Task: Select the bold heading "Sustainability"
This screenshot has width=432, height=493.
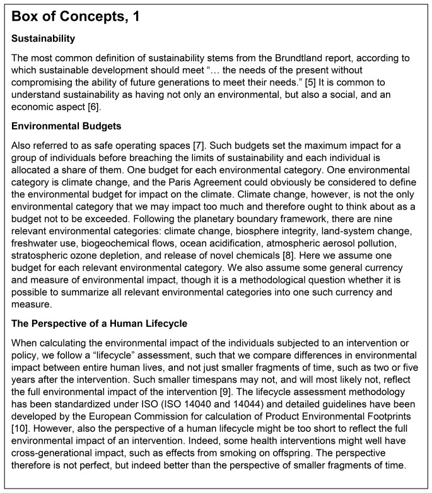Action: [x=41, y=39]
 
